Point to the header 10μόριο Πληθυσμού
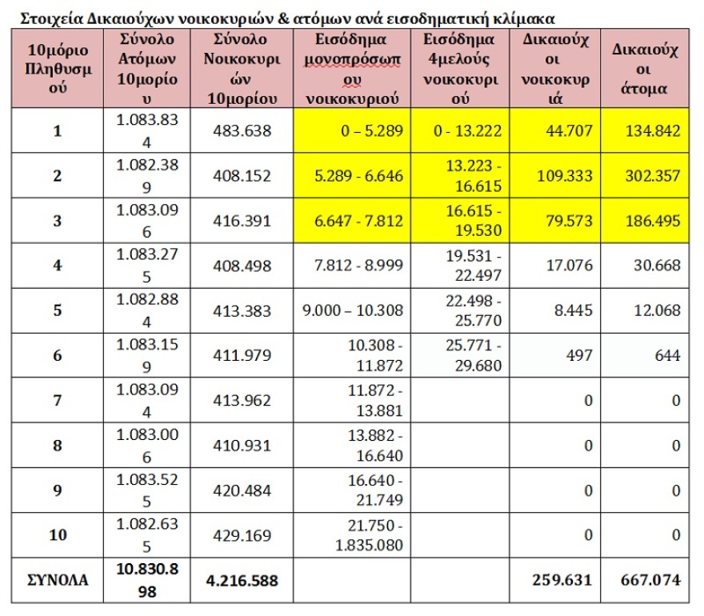tap(57, 70)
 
